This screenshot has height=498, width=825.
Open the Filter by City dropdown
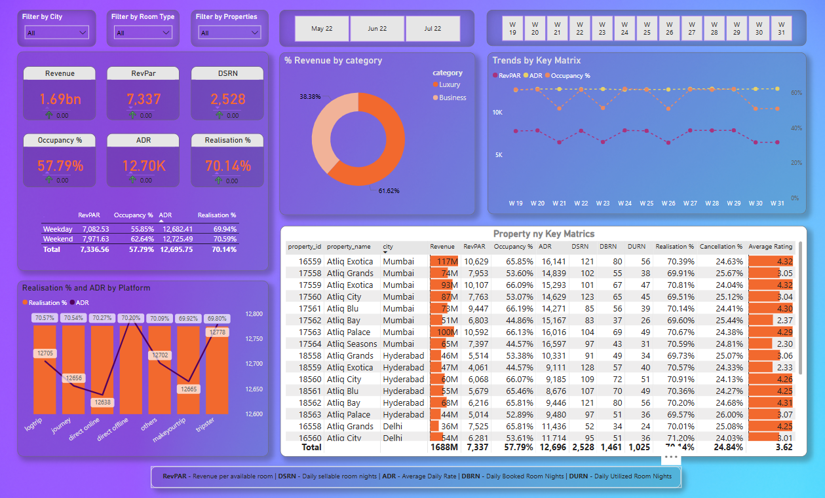(x=56, y=33)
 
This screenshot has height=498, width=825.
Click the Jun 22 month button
(x=377, y=29)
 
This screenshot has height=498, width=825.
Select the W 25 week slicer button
(x=647, y=28)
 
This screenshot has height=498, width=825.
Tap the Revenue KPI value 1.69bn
(x=60, y=99)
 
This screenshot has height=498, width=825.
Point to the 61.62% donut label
(x=389, y=191)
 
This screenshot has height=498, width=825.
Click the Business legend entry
(x=452, y=98)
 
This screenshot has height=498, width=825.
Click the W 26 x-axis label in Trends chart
(x=668, y=204)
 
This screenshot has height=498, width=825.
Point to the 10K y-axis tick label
(x=497, y=113)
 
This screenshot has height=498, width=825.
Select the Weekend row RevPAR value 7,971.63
(x=95, y=239)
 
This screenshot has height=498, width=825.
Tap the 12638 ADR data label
(x=102, y=402)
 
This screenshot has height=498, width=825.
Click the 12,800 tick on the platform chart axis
(x=253, y=314)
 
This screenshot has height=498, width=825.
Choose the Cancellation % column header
(x=721, y=247)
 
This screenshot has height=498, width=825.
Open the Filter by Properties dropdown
(x=226, y=33)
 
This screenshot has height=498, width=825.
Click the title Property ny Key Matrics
(x=543, y=234)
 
